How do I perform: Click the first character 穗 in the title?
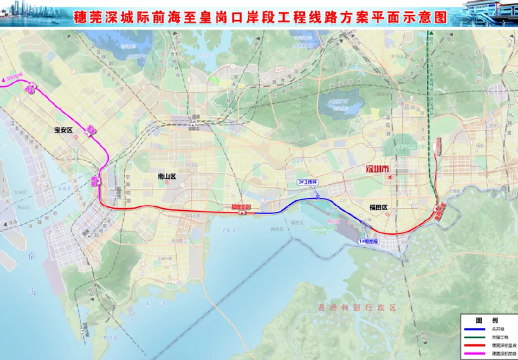[81, 17]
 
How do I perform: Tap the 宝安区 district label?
[66, 129]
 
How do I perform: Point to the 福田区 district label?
[380, 208]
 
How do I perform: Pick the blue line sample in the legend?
[474, 327]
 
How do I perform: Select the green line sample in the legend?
[474, 336]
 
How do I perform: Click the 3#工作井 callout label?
[307, 181]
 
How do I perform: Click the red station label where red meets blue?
[240, 206]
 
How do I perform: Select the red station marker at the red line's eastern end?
[439, 210]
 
